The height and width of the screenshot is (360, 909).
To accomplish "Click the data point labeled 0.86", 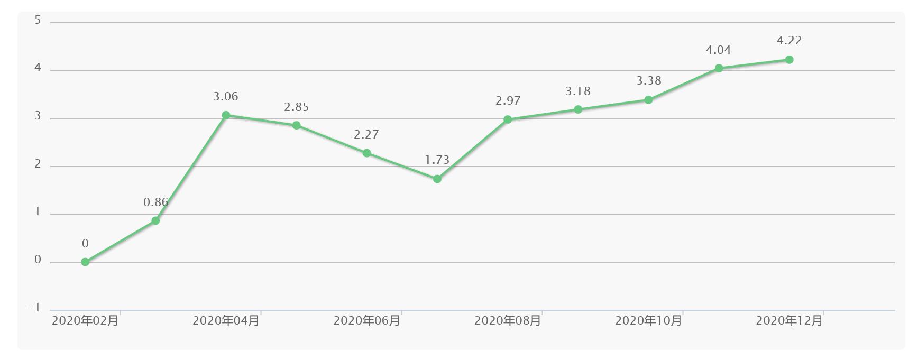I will pos(155,220).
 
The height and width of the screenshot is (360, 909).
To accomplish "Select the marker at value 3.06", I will pos(226,115).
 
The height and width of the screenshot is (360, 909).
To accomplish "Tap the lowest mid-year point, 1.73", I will pos(437,179).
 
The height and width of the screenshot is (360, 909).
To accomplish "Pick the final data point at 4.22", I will pos(789,60).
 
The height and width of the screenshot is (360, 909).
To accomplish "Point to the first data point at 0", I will pos(85,262).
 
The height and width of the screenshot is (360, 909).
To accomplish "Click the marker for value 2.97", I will pos(508,119).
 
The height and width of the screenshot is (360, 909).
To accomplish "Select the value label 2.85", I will pos(296,107).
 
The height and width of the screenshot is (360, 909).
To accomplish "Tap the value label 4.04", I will pos(718,50).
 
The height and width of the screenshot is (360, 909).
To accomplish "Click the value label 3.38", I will pos(648,80).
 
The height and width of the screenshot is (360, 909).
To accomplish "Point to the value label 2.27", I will pos(366,134).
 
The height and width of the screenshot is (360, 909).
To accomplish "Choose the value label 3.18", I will pos(578,91).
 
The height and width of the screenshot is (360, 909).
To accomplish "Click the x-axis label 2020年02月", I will pos(85,320).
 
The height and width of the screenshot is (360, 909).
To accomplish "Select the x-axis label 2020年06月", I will pos(366,320).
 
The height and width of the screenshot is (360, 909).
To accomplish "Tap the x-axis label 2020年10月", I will pos(648,320).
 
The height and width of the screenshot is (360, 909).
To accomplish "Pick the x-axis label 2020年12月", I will pos(789,320).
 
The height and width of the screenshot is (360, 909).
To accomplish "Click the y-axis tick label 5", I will pos(38,21).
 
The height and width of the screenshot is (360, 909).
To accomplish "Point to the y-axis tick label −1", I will pos(34,308).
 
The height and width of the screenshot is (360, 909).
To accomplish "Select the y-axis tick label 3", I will pos(38,116).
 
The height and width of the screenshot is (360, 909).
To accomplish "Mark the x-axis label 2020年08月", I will pos(508,320).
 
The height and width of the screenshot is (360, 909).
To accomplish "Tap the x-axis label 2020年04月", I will pos(226,320).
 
